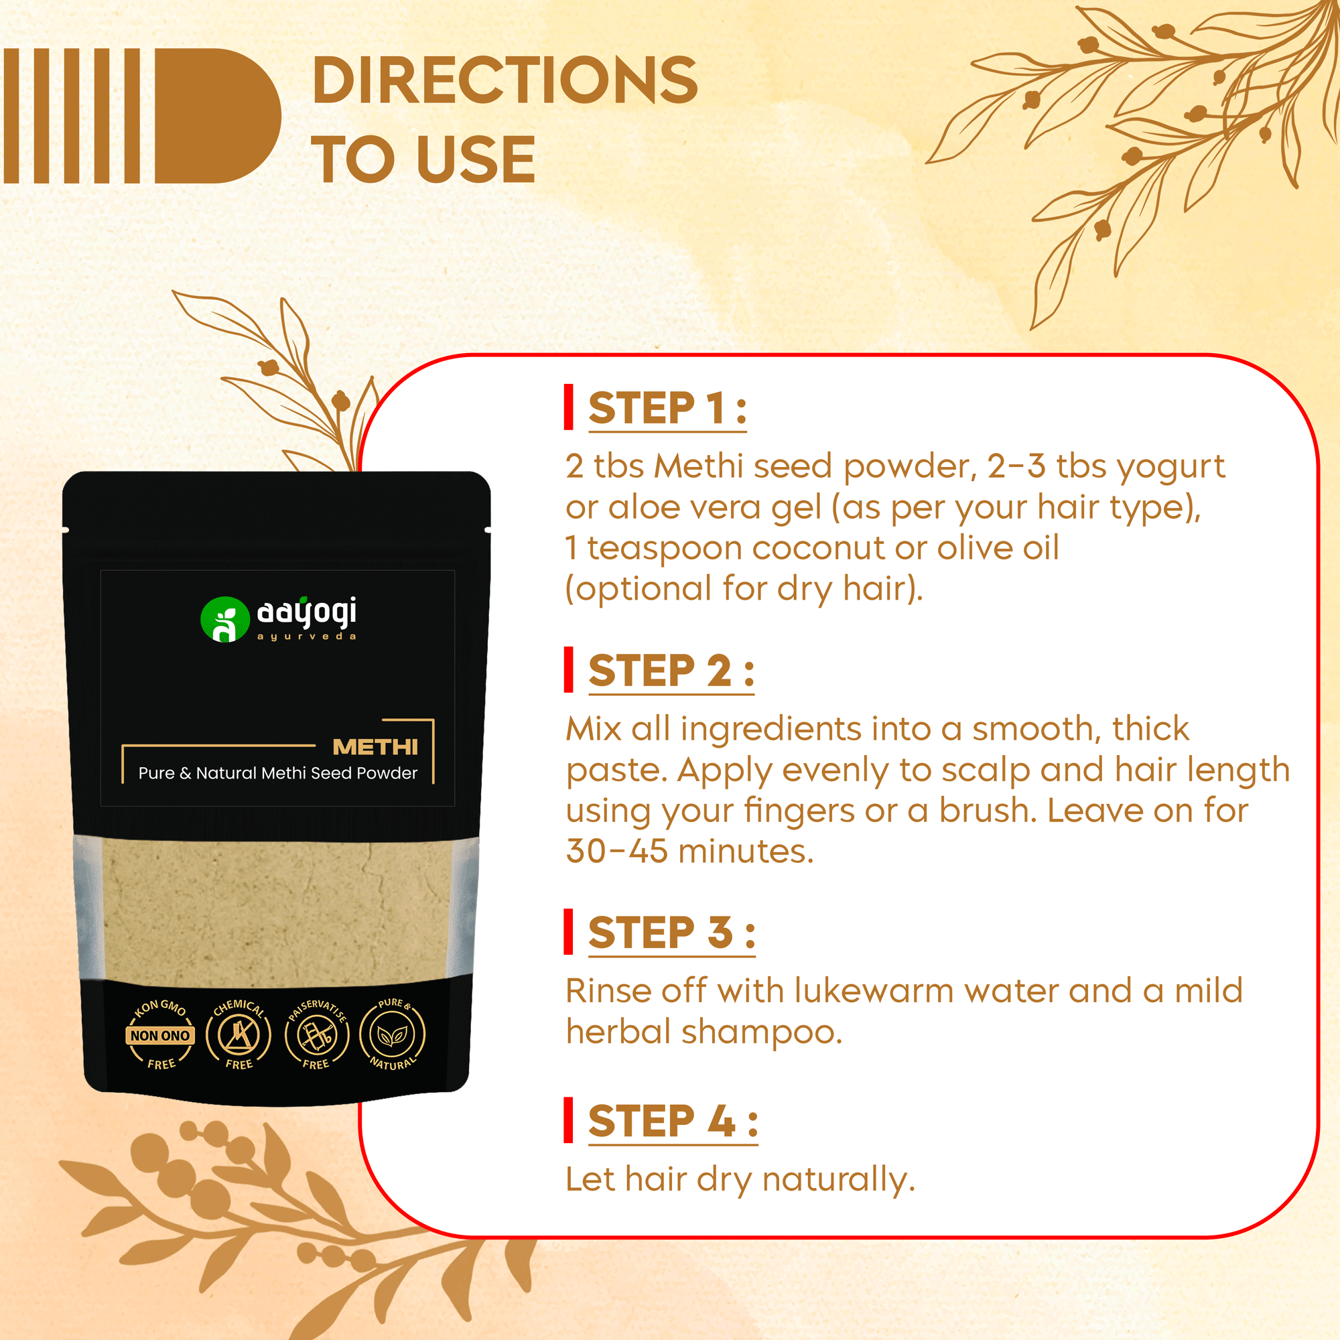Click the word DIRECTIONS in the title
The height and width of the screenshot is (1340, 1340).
[505, 80]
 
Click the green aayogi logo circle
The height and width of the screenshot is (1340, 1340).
[224, 619]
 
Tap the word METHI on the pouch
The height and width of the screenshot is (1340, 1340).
[375, 747]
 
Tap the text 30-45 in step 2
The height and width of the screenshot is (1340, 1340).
[616, 851]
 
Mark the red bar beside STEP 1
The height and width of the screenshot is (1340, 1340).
[569, 407]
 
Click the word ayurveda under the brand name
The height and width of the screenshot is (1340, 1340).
[307, 636]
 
